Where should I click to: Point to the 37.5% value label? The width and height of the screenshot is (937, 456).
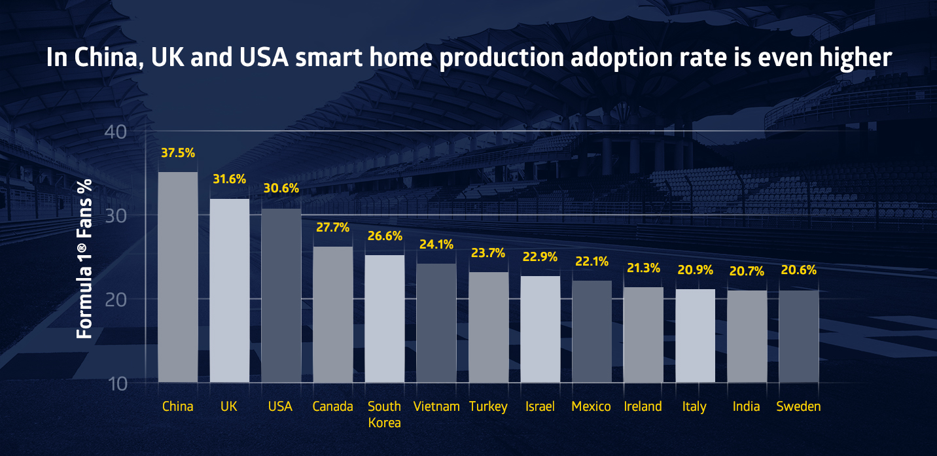[x=178, y=153]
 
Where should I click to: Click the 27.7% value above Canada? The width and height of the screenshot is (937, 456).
[x=332, y=228]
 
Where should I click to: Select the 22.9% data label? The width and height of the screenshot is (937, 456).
[x=540, y=257]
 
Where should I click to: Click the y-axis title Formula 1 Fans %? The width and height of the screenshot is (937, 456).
[x=84, y=258]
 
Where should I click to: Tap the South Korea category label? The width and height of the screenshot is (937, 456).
[x=384, y=414]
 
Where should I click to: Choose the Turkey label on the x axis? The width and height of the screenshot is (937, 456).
[x=488, y=406]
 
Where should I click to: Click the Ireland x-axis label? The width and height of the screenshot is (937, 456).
[x=643, y=406]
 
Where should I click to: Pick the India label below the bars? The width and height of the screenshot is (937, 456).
[x=746, y=406]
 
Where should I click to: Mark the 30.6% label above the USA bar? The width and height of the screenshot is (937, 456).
[x=281, y=188]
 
